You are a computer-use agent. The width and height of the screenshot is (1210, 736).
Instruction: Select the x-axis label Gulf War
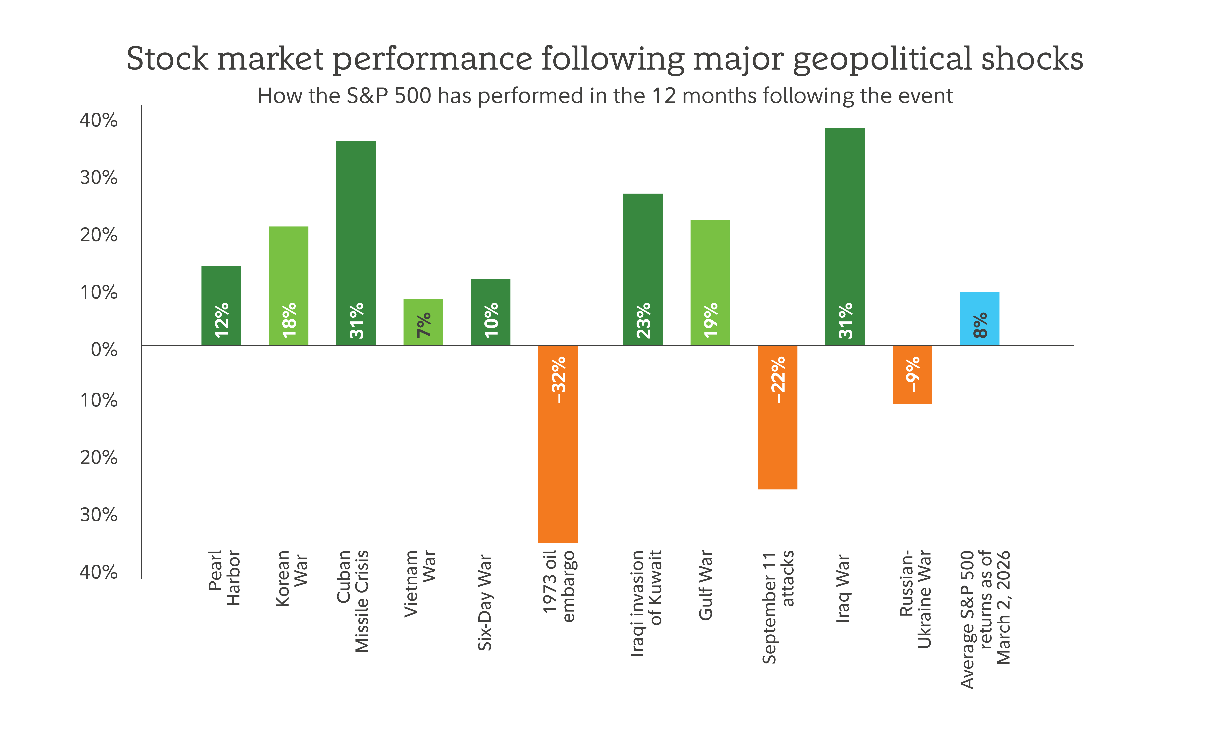tap(705, 585)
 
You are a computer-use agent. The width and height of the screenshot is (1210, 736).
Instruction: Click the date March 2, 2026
tap(1003, 608)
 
